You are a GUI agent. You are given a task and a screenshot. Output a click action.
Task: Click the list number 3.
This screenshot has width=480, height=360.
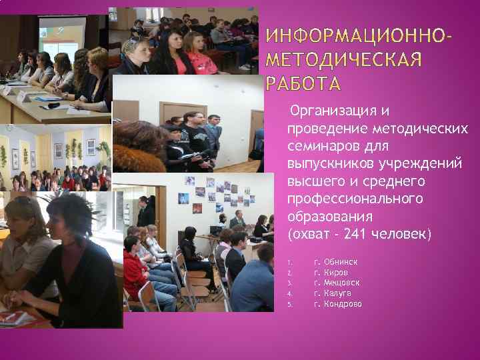pyautogui.click(x=289, y=283)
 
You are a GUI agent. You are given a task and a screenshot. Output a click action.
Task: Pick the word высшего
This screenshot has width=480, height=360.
pyautogui.click(x=312, y=181)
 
